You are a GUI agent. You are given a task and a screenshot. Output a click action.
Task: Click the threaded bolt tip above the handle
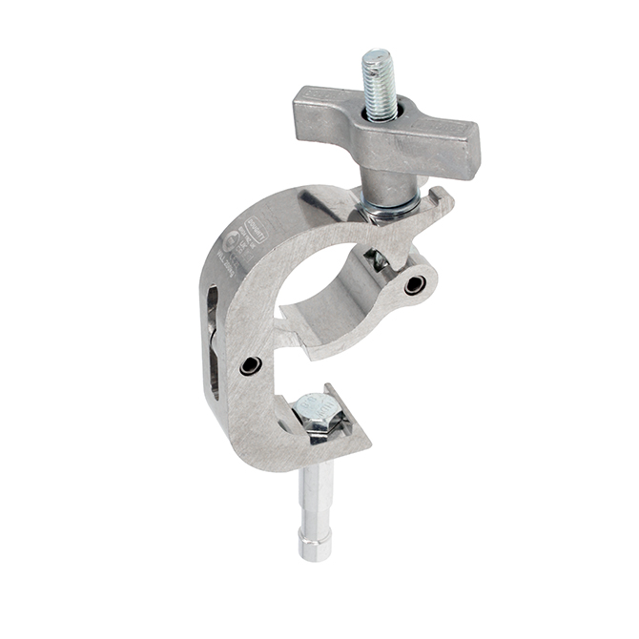click(378, 71)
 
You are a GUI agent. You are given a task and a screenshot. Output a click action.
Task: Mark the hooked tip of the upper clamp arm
click(442, 198)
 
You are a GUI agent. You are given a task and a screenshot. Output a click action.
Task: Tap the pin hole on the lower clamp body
click(251, 364)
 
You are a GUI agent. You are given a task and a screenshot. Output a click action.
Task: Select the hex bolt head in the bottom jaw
click(314, 412)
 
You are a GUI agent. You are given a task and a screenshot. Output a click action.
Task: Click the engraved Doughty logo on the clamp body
click(239, 230)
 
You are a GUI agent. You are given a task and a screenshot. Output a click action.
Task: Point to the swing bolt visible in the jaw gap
click(379, 258)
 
